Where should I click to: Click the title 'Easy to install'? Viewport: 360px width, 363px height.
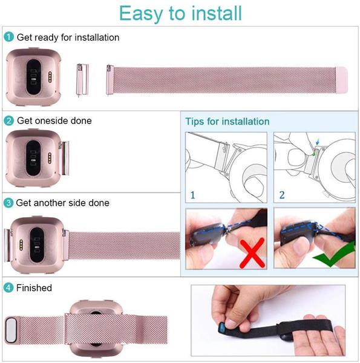180,13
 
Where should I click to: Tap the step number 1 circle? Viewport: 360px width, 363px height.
9,37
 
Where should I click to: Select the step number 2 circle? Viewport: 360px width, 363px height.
9,120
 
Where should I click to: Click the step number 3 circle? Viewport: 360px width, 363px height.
8,203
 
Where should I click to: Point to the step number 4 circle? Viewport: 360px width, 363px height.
8,288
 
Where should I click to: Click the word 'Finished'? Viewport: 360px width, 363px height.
34,288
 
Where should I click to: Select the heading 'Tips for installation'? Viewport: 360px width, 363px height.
227,122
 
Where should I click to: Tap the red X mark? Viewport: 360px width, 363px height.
252,253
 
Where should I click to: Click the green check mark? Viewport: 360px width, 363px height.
334,255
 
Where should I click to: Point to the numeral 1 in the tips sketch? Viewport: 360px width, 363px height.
192,195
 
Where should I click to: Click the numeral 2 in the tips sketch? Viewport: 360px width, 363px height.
282,195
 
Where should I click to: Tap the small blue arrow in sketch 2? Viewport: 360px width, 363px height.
318,142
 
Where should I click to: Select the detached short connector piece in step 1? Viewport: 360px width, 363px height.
82,80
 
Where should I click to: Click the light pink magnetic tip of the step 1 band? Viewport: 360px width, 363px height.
342,80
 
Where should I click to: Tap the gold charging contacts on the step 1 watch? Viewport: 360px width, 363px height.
50,77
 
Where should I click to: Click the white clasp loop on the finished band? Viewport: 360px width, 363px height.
11,330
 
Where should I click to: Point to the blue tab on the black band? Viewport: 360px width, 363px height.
222,328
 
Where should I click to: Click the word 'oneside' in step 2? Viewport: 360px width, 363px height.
51,120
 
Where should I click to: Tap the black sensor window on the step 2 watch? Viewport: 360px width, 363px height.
33,158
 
